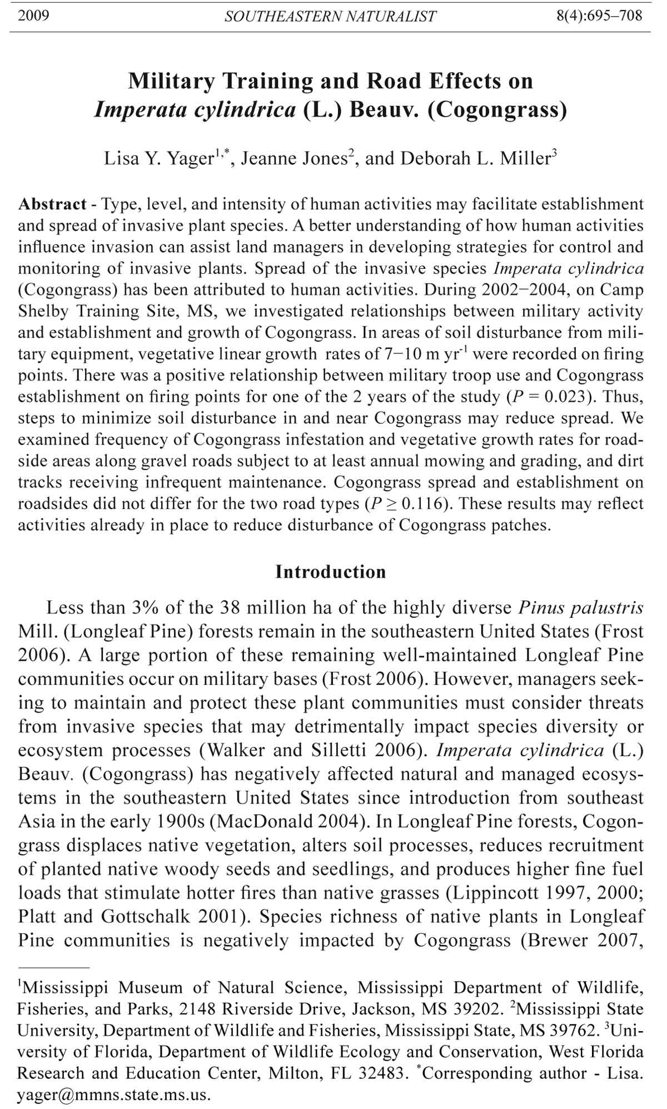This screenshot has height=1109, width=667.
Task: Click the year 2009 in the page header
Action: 33,15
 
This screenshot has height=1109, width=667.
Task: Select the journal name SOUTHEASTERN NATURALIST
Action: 330,16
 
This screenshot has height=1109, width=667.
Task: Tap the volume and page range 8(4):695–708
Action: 599,15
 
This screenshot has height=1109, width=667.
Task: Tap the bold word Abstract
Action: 52,204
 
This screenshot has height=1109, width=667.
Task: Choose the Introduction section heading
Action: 330,572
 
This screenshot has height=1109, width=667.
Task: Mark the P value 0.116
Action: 423,504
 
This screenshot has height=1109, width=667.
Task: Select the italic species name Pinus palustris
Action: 581,608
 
